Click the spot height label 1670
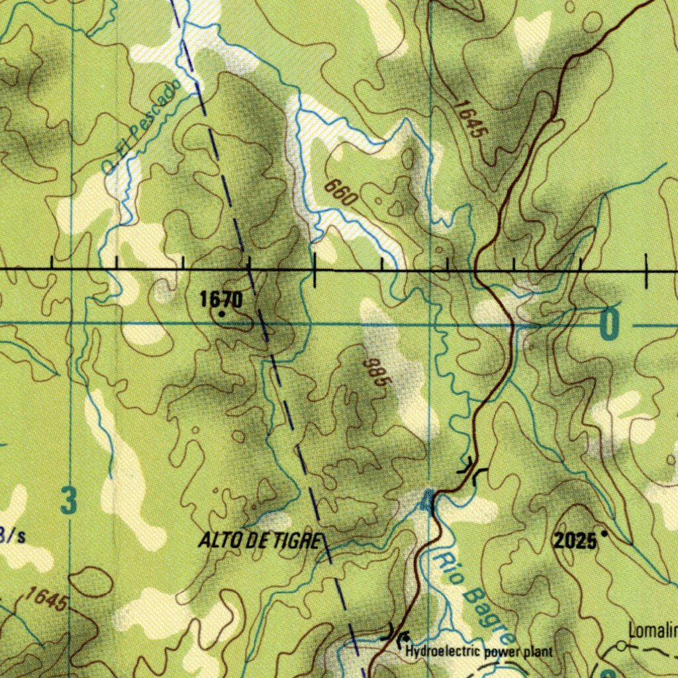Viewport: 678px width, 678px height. [x=221, y=300]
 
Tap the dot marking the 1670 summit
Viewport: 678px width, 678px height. [x=221, y=315]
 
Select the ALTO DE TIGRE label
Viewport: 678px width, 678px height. [x=260, y=541]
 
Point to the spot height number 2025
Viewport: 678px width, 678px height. [x=575, y=542]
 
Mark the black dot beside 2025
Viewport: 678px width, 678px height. [x=603, y=533]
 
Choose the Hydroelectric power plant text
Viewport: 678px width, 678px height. [x=479, y=652]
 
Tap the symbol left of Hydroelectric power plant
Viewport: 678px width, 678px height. [x=402, y=640]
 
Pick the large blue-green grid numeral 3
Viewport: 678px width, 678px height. [x=69, y=501]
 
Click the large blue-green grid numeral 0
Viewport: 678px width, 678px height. [x=609, y=324]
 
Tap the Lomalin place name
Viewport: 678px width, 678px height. [x=653, y=631]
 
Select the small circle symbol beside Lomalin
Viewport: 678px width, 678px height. [x=620, y=645]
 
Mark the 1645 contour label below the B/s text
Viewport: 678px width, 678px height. [x=46, y=599]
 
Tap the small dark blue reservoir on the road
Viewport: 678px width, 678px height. [x=428, y=501]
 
